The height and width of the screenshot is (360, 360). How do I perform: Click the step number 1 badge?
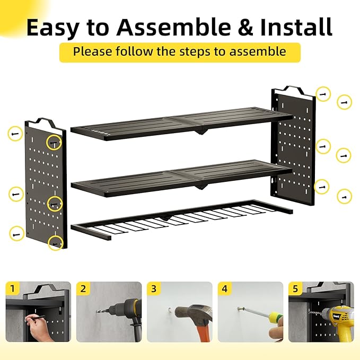tap(12, 288)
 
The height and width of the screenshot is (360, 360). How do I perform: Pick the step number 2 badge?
tap(83, 288)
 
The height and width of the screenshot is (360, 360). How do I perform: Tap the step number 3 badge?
tap(153, 288)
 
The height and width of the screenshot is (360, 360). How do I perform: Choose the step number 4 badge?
tap(224, 288)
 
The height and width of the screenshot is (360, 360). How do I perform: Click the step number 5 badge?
tap(295, 288)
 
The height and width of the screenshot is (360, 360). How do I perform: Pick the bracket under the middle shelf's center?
tap(201, 185)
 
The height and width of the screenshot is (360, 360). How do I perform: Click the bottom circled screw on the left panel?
tap(55, 243)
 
